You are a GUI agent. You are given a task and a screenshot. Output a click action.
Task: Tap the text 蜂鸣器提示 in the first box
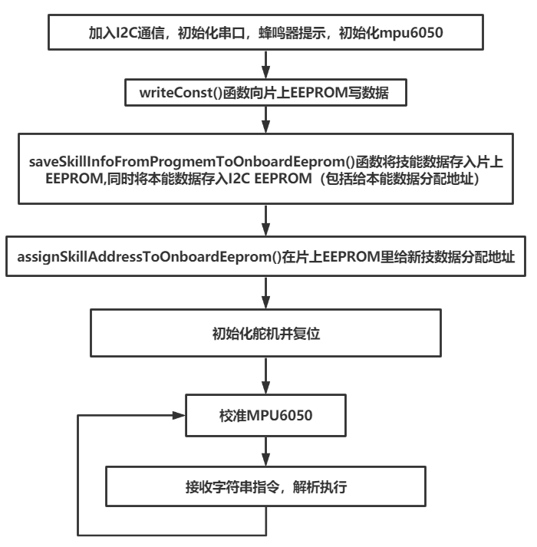(x=293, y=32)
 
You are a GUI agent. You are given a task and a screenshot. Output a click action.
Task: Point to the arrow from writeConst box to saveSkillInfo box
(x=265, y=118)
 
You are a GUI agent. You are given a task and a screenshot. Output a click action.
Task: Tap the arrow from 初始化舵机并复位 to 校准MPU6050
(x=265, y=377)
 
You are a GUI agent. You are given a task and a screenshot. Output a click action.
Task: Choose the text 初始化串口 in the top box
(x=207, y=32)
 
